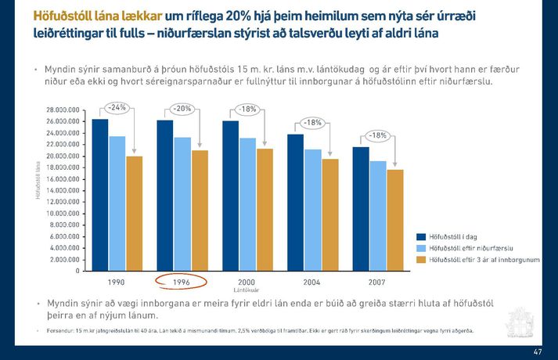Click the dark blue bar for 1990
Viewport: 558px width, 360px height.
point(99,195)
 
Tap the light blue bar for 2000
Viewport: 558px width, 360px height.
point(247,204)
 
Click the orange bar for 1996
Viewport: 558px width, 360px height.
point(200,211)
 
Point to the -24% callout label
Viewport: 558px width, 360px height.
point(117,107)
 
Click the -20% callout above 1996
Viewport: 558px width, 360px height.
point(182,108)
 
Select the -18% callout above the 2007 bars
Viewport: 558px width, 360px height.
point(378,135)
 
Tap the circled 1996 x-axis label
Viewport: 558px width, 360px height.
point(182,281)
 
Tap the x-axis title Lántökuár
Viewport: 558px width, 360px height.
point(247,290)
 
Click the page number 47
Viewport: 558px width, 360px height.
point(536,351)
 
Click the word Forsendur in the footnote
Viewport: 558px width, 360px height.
point(61,330)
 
